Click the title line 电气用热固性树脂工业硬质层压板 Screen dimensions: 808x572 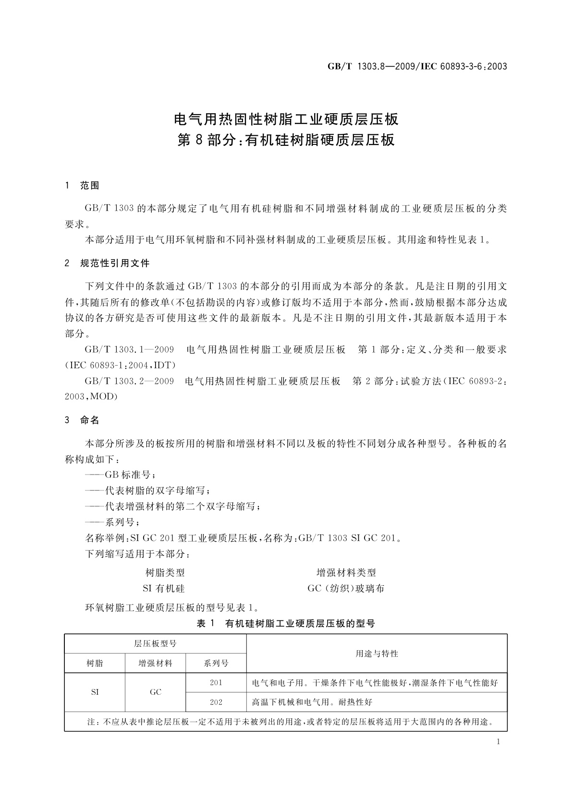point(286,118)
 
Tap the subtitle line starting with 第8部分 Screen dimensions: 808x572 point(286,140)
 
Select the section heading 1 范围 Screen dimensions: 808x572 point(82,186)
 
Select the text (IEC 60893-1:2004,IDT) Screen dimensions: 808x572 point(120,366)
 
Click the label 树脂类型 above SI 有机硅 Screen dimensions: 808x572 point(165,573)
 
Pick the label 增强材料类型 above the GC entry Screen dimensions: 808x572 point(346,573)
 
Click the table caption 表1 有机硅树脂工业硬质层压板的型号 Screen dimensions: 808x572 point(286,624)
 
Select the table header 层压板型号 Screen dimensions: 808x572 point(155,644)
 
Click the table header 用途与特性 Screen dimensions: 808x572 point(377,654)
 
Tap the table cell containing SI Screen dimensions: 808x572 point(95,692)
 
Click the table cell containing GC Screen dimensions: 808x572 point(155,692)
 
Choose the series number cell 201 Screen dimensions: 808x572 point(216,682)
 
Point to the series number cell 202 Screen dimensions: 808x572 point(216,702)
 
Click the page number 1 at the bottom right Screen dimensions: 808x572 point(498,742)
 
